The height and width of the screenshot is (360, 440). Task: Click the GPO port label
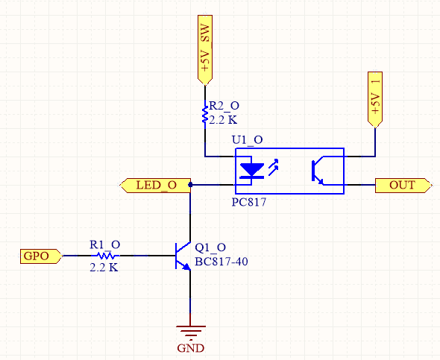(41, 256)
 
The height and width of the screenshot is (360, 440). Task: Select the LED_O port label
(156, 186)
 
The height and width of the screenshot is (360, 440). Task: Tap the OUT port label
(403, 186)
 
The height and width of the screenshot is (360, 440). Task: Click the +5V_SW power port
(205, 50)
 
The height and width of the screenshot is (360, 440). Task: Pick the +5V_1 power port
(375, 100)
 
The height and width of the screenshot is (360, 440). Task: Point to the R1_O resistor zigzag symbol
(106, 256)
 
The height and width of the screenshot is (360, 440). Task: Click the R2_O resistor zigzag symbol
(205, 114)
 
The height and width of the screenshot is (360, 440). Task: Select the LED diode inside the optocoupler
(252, 170)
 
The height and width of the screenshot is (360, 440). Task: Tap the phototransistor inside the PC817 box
(318, 171)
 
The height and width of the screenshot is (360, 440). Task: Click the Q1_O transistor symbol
(183, 256)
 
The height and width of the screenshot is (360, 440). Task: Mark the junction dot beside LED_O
(190, 185)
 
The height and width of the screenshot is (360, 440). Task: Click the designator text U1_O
(247, 139)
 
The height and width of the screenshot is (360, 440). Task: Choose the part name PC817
(249, 202)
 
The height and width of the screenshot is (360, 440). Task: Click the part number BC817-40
(221, 262)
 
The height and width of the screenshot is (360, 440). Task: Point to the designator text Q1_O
(210, 247)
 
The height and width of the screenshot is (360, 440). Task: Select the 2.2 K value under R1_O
(104, 268)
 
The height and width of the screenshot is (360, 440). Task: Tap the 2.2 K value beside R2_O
(223, 120)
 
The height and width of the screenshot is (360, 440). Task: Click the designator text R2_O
(224, 106)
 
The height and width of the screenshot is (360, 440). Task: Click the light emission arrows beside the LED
(273, 168)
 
